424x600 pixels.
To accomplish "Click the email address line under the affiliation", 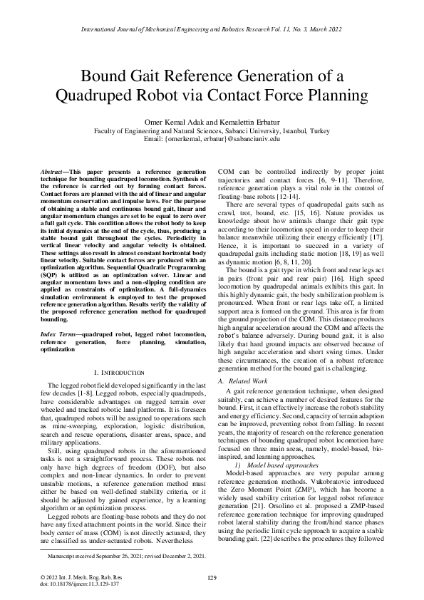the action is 212,140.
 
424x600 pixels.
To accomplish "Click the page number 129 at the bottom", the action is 212,577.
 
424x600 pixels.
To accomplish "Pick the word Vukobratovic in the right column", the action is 326,480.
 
